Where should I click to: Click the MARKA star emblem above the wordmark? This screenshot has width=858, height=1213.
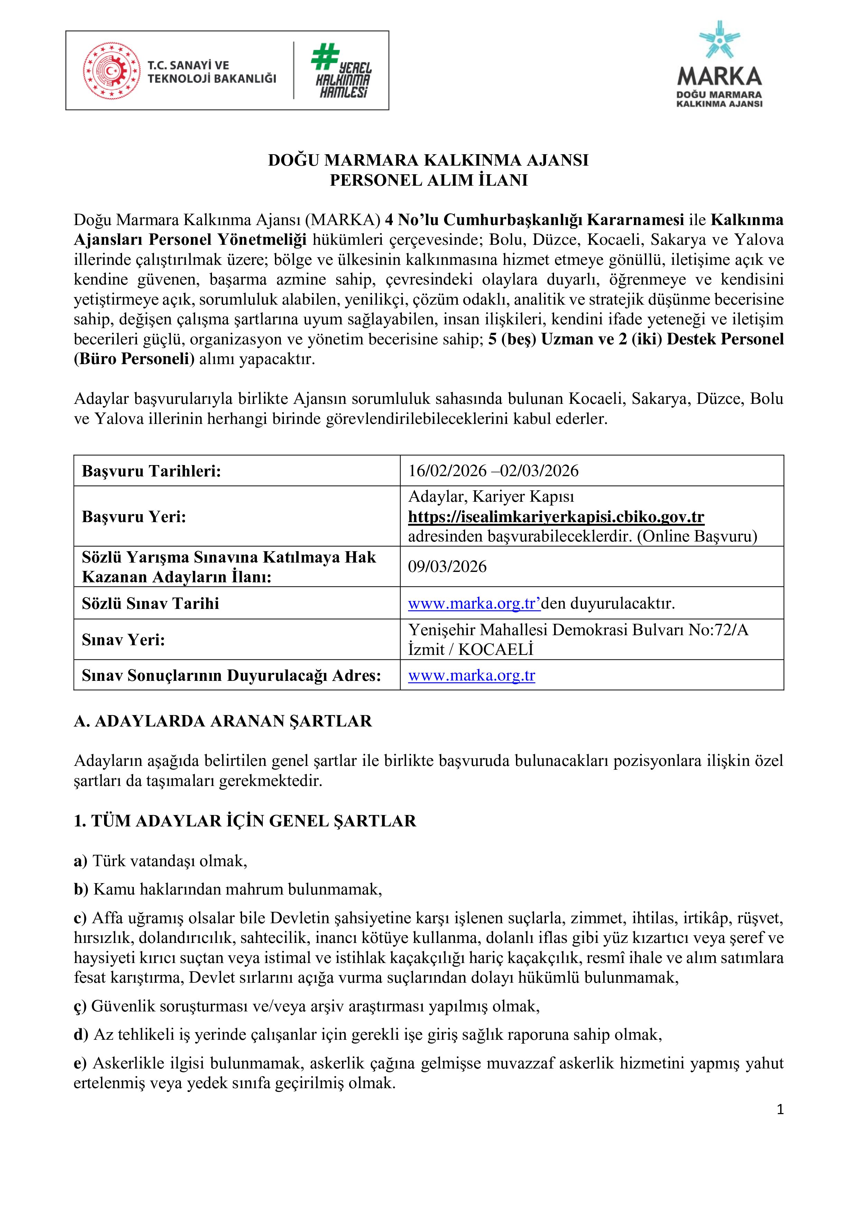pyautogui.click(x=719, y=40)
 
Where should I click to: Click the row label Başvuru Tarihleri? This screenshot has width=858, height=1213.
pyautogui.click(x=151, y=471)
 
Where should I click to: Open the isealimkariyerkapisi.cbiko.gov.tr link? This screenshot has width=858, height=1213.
pyautogui.click(x=556, y=517)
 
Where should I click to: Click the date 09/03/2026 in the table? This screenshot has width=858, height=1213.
pyautogui.click(x=447, y=566)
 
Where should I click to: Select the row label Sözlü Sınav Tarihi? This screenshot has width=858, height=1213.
pyautogui.click(x=150, y=603)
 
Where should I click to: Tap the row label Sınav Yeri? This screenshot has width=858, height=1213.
pyautogui.click(x=123, y=640)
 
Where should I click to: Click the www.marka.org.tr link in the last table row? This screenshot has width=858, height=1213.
pyautogui.click(x=471, y=675)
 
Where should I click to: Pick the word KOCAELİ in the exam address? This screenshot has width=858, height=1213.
pyautogui.click(x=496, y=650)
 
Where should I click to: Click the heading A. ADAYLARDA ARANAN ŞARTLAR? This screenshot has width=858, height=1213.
pyautogui.click(x=222, y=721)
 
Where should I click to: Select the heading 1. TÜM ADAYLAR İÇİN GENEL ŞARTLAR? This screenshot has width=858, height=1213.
pyautogui.click(x=245, y=821)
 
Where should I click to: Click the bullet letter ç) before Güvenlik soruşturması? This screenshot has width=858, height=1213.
pyautogui.click(x=80, y=1007)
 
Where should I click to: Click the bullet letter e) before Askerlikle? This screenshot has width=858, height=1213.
pyautogui.click(x=80, y=1064)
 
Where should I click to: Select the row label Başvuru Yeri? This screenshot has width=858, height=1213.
pyautogui.click(x=134, y=517)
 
